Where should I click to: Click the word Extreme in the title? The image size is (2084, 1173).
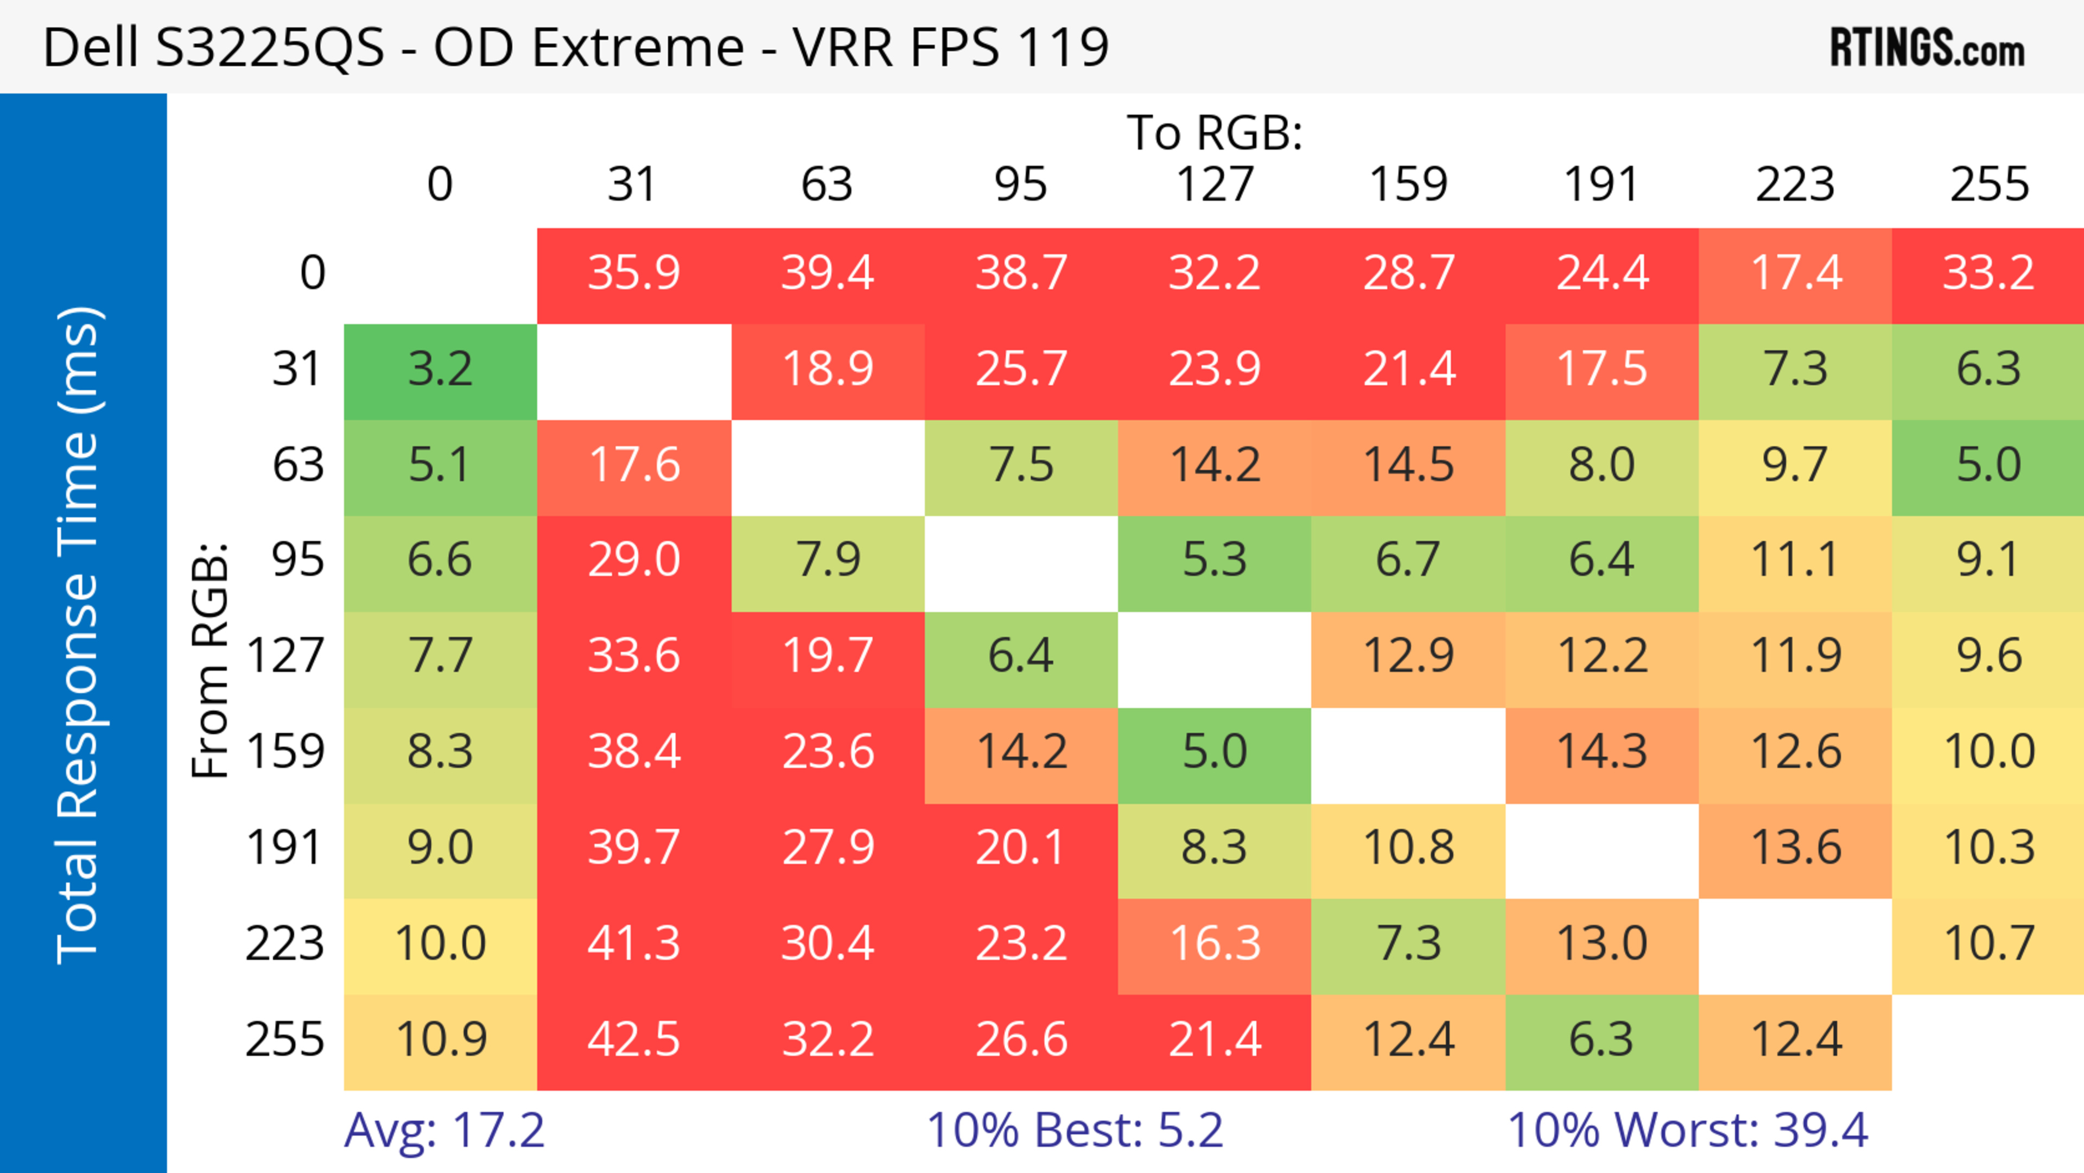coord(638,47)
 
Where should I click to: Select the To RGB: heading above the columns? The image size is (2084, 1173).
coord(1215,132)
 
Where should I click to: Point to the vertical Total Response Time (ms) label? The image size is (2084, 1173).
coord(79,635)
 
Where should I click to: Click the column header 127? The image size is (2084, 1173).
coord(1215,185)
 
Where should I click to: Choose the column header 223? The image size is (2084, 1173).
coord(1795,185)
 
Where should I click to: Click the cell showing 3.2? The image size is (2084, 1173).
coord(440,370)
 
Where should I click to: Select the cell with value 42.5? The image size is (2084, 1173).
coord(633,1039)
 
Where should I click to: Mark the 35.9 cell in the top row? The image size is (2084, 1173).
coord(633,272)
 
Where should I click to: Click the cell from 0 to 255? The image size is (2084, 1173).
coord(1988,272)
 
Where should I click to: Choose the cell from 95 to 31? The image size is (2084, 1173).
coord(633,560)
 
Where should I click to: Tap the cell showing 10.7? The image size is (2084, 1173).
coord(1988,943)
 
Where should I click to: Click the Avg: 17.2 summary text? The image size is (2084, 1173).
coord(444,1130)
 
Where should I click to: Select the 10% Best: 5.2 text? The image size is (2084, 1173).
coord(1075,1130)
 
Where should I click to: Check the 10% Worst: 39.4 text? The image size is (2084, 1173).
coord(1688,1130)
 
